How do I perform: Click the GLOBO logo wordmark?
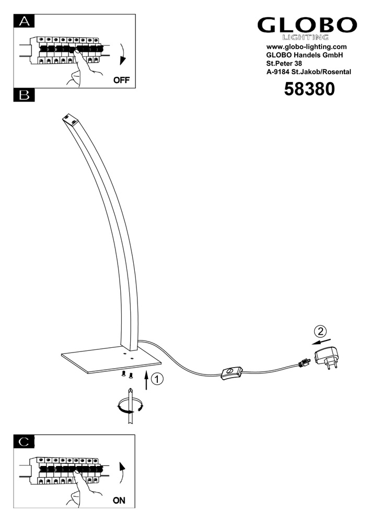click(307, 25)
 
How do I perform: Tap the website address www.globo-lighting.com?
click(306, 47)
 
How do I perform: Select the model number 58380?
click(309, 89)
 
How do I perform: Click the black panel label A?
click(24, 21)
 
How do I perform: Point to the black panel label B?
click(24, 95)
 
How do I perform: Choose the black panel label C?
click(24, 441)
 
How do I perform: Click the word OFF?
click(121, 81)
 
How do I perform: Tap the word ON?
click(119, 501)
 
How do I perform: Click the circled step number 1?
click(157, 379)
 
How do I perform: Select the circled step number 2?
click(320, 332)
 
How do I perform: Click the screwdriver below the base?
click(130, 406)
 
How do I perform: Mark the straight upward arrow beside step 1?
click(146, 380)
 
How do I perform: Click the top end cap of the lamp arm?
click(71, 119)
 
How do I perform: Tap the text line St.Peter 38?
click(284, 63)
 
